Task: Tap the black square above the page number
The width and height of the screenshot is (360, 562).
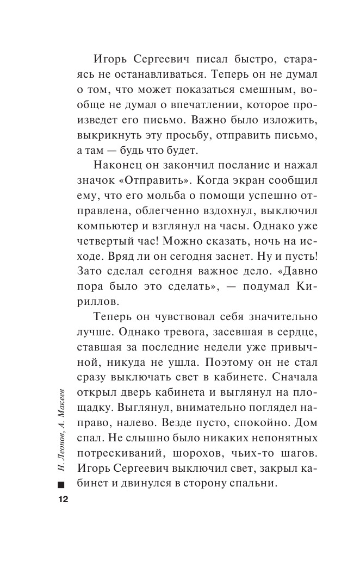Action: (59, 484)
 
